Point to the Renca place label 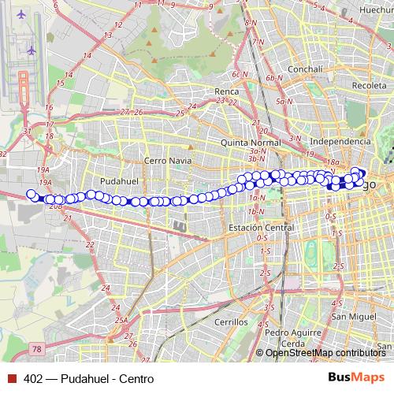(x=227, y=91)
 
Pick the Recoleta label (x=369, y=85)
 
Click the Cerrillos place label (x=230, y=322)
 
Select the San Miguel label (x=350, y=317)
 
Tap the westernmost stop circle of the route (x=32, y=194)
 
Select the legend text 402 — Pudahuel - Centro (x=88, y=378)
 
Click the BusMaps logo (x=357, y=378)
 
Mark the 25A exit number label (x=121, y=320)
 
